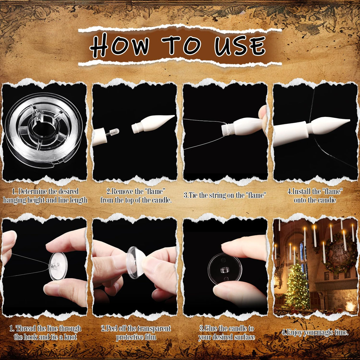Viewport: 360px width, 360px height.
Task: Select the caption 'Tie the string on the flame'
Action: click(225, 195)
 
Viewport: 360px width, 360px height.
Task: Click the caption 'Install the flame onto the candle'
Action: click(315, 196)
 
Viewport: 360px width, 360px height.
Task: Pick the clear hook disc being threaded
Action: click(58, 266)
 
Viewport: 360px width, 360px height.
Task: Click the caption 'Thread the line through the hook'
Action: click(45, 332)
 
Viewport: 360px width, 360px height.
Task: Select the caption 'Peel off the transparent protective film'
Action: click(136, 332)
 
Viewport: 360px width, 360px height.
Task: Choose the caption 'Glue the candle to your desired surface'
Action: click(226, 332)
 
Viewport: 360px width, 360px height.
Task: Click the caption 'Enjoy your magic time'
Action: click(315, 332)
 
